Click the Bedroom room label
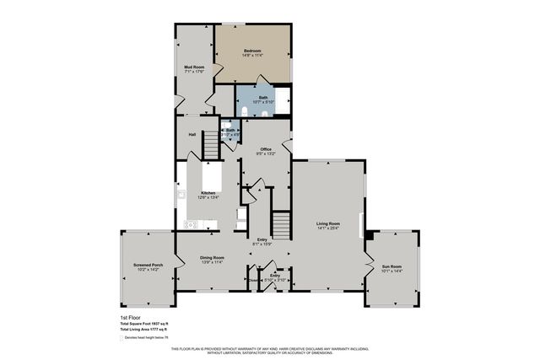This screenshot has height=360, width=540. pyautogui.click(x=252, y=51)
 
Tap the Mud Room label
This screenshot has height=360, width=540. pyautogui.click(x=195, y=67)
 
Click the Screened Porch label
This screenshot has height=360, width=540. pyautogui.click(x=148, y=265)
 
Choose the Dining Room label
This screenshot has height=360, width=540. pyautogui.click(x=212, y=257)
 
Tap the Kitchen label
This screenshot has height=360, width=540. pyautogui.click(x=208, y=193)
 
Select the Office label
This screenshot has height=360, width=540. pyautogui.click(x=265, y=149)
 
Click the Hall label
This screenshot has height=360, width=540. pyautogui.click(x=192, y=134)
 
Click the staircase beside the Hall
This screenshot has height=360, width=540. pyautogui.click(x=208, y=149)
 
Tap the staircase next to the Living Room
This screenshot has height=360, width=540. pyautogui.click(x=280, y=223)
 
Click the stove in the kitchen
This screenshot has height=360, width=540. pyautogui.click(x=191, y=224)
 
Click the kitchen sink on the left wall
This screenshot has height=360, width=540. pyautogui.click(x=181, y=194)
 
